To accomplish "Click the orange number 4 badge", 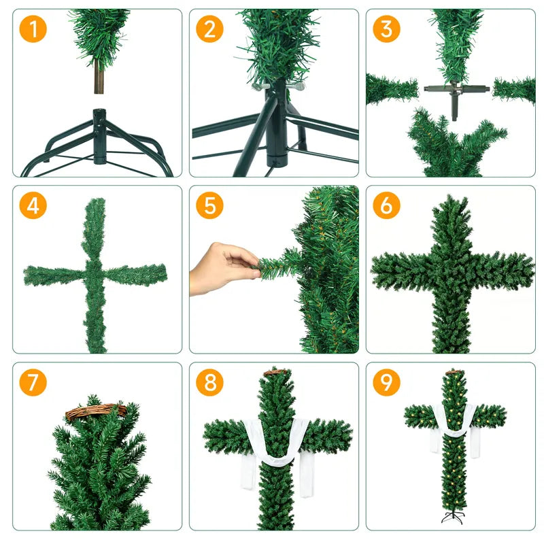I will pos(33,205).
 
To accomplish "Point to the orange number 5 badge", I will pos(209,205).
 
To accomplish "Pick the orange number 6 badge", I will pos(386,205).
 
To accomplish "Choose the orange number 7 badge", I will pos(33,382).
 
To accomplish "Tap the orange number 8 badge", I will pos(209,382).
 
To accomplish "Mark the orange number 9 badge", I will pos(386,382).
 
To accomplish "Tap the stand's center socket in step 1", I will pos(100,119).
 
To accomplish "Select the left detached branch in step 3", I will pos(391,89).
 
